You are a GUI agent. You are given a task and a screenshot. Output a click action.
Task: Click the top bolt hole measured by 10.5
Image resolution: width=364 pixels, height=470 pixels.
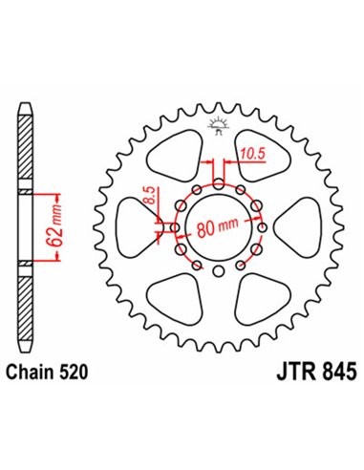(x=220, y=183)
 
